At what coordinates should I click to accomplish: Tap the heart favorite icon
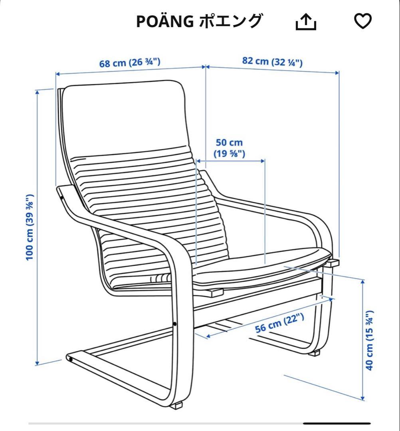click(363, 21)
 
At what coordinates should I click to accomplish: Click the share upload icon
click(306, 22)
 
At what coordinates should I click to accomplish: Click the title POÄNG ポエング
click(200, 22)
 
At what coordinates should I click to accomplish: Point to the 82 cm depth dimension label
click(273, 61)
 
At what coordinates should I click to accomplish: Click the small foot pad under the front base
click(175, 405)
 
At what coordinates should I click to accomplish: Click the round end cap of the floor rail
click(71, 359)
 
